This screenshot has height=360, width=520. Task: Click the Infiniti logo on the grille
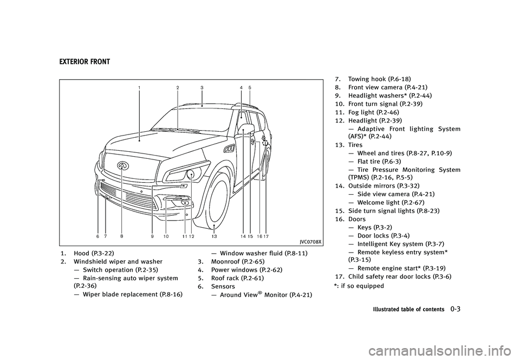(123, 163)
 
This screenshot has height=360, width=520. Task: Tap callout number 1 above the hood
(139, 87)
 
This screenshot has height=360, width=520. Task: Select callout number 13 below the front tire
(214, 237)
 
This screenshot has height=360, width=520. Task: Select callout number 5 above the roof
(250, 87)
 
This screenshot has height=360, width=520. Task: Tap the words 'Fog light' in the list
(363, 112)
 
